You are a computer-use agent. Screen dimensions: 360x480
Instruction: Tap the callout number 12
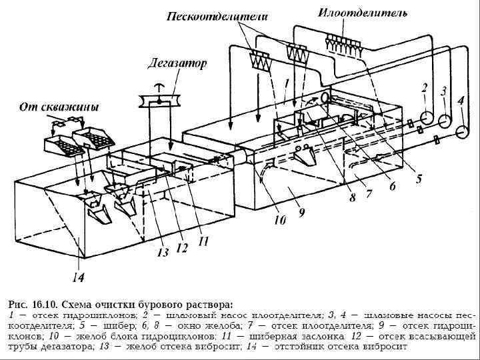click(x=181, y=248)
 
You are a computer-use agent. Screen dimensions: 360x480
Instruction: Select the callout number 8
click(x=352, y=198)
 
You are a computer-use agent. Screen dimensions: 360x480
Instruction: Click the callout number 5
click(x=419, y=178)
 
